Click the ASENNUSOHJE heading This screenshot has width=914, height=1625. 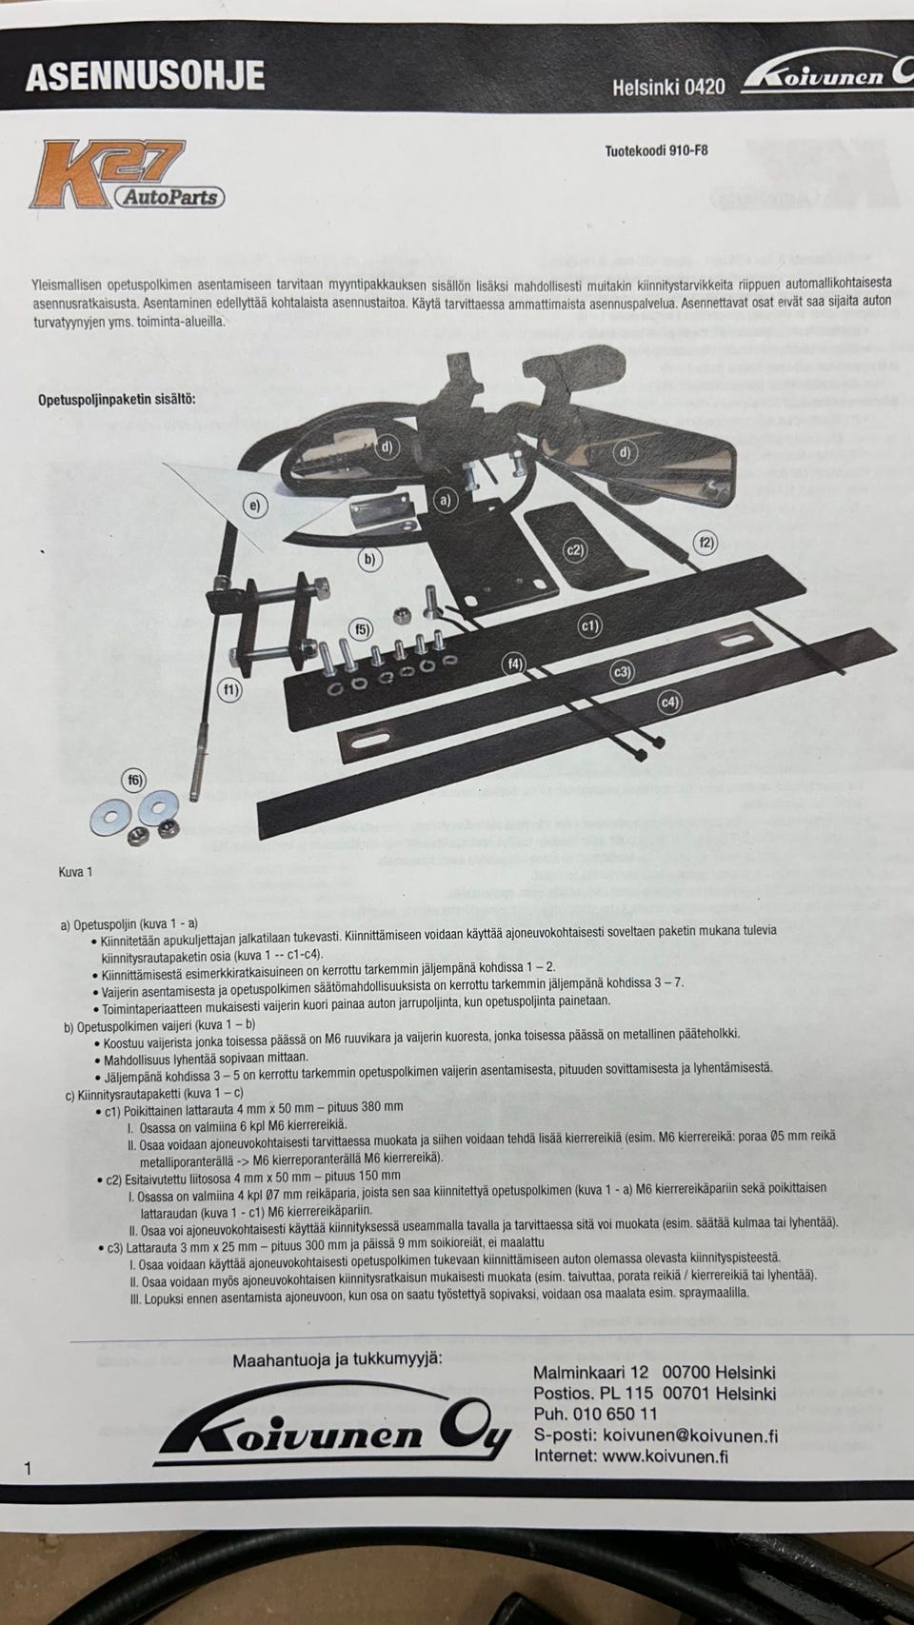tap(145, 76)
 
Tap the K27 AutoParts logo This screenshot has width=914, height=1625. tap(127, 175)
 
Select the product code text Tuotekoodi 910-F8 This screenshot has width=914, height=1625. tap(657, 151)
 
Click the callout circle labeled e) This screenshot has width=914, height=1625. tap(254, 505)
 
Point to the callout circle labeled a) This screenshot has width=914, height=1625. tap(446, 500)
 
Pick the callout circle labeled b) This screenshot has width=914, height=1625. tap(369, 559)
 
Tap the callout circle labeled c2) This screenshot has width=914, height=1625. tap(575, 550)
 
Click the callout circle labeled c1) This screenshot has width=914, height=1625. tap(590, 625)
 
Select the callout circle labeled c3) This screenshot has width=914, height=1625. tap(623, 672)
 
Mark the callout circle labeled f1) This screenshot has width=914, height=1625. tap(230, 689)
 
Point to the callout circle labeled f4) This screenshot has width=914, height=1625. tap(514, 664)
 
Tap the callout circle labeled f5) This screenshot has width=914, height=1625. tap(361, 629)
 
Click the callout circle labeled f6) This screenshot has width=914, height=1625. tap(133, 781)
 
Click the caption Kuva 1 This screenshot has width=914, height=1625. tap(75, 872)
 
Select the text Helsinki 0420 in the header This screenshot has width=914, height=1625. tap(668, 88)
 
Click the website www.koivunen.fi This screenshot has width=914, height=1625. tap(666, 1456)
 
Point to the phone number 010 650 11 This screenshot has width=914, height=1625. tap(615, 1414)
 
